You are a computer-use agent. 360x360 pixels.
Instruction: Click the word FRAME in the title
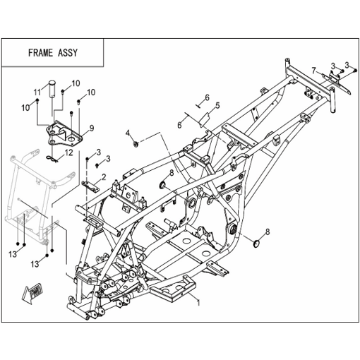tap(40, 53)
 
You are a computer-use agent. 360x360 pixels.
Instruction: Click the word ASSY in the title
tap(68, 53)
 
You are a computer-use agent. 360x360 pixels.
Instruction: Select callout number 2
tap(103, 177)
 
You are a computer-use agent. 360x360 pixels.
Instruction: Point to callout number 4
tap(128, 133)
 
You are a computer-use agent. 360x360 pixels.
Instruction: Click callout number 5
tap(217, 105)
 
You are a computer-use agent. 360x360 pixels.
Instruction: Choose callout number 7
tap(313, 70)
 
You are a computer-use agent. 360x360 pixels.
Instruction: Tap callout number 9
tap(92, 128)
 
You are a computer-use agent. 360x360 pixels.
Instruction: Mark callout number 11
tap(37, 92)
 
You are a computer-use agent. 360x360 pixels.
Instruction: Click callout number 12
tap(69, 152)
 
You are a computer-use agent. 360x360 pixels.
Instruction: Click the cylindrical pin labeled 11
tap(52, 88)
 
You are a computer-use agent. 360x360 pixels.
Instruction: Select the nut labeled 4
tap(136, 144)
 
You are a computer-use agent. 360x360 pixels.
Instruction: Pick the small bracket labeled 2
tap(90, 186)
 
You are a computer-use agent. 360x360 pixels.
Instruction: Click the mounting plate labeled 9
tap(64, 134)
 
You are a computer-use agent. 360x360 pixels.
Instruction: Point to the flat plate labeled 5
tap(204, 120)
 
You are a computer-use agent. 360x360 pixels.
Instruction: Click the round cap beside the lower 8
tap(256, 244)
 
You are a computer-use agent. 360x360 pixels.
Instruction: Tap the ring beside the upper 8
tap(163, 185)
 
